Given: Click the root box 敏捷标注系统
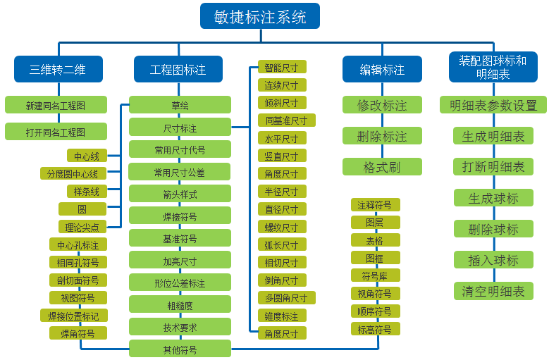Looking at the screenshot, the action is click(x=260, y=16).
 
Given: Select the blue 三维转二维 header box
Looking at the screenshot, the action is click(x=58, y=69).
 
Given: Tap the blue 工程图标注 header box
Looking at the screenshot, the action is click(x=178, y=69).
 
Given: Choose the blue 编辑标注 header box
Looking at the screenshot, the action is click(x=382, y=69).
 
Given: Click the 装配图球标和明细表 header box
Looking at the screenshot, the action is click(x=493, y=67).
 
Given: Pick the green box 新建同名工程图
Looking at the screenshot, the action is click(x=56, y=105).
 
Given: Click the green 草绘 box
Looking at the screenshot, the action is click(x=180, y=105).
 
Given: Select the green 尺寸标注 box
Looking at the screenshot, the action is click(x=180, y=128).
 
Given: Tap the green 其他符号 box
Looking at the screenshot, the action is click(x=180, y=349).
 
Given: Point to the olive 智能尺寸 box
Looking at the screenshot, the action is click(x=282, y=67).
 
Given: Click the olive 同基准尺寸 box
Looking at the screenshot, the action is click(x=287, y=120).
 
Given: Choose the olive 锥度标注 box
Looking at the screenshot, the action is click(x=282, y=316).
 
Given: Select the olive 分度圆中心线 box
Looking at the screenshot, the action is click(x=73, y=173).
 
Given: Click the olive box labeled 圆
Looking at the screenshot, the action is click(x=82, y=209).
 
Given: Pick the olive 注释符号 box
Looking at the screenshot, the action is click(x=376, y=205).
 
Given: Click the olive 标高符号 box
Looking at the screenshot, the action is click(x=376, y=329).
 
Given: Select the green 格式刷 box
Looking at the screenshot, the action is click(x=382, y=167).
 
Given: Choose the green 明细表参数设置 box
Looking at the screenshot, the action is click(x=493, y=105).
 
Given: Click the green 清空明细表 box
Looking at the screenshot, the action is click(x=493, y=291).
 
